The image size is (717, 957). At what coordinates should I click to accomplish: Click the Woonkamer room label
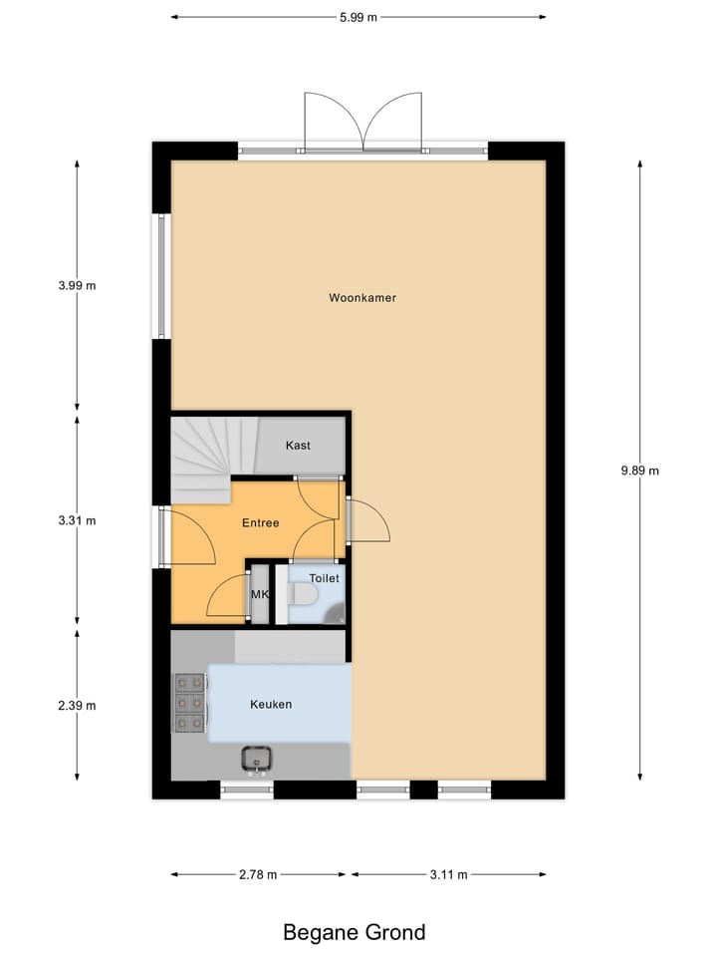pyautogui.click(x=356, y=297)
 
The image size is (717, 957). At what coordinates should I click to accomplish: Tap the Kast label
pyautogui.click(x=298, y=445)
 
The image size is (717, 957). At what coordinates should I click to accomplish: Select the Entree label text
pyautogui.click(x=261, y=522)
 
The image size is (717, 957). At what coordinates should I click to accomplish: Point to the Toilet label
pyautogui.click(x=324, y=578)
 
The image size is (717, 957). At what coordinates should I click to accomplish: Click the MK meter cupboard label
pyautogui.click(x=260, y=595)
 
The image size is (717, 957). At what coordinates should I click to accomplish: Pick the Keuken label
pyautogui.click(x=271, y=704)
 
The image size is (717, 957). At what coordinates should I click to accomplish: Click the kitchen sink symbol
pyautogui.click(x=257, y=760)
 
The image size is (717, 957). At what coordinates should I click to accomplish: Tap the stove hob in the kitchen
pyautogui.click(x=190, y=704)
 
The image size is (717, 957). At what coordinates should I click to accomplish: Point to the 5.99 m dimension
pyautogui.click(x=358, y=17)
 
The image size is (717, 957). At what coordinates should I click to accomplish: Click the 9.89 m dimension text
pyautogui.click(x=639, y=472)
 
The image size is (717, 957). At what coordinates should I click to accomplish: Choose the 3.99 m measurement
pyautogui.click(x=77, y=286)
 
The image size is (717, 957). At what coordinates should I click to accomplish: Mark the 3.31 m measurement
pyautogui.click(x=77, y=520)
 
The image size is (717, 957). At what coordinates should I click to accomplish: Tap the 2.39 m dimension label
pyautogui.click(x=77, y=706)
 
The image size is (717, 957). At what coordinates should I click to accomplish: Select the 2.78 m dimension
pyautogui.click(x=258, y=875)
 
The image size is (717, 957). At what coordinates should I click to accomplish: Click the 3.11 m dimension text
pyautogui.click(x=448, y=875)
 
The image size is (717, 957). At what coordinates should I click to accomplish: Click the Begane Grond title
pyautogui.click(x=355, y=933)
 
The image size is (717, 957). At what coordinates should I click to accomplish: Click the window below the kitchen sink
pyautogui.click(x=246, y=790)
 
